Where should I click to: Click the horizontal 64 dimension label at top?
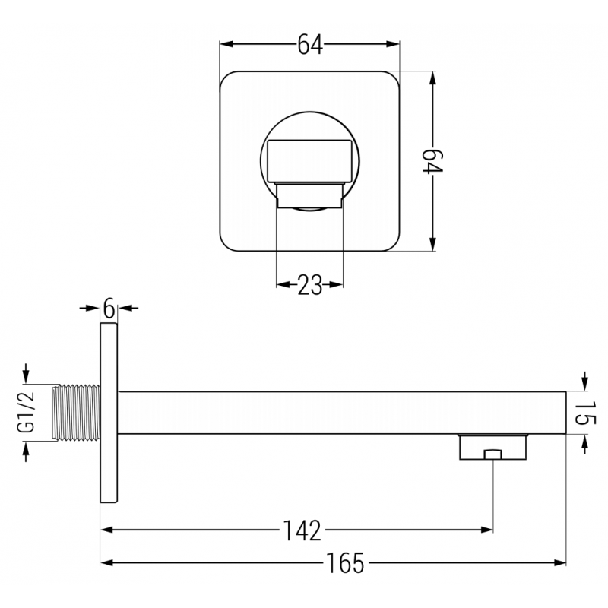tap(309, 46)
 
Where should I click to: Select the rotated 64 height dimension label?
tap(432, 161)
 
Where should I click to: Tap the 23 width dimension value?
tap(309, 285)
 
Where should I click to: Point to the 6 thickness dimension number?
tap(109, 309)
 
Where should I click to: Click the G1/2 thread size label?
tap(27, 413)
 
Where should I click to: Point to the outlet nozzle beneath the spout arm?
tap(492, 448)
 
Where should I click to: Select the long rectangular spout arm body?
tap(342, 413)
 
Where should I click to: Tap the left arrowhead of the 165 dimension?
tap(107, 563)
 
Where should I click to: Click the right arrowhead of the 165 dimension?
tap(561, 563)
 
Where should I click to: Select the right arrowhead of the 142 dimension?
tap(487, 529)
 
